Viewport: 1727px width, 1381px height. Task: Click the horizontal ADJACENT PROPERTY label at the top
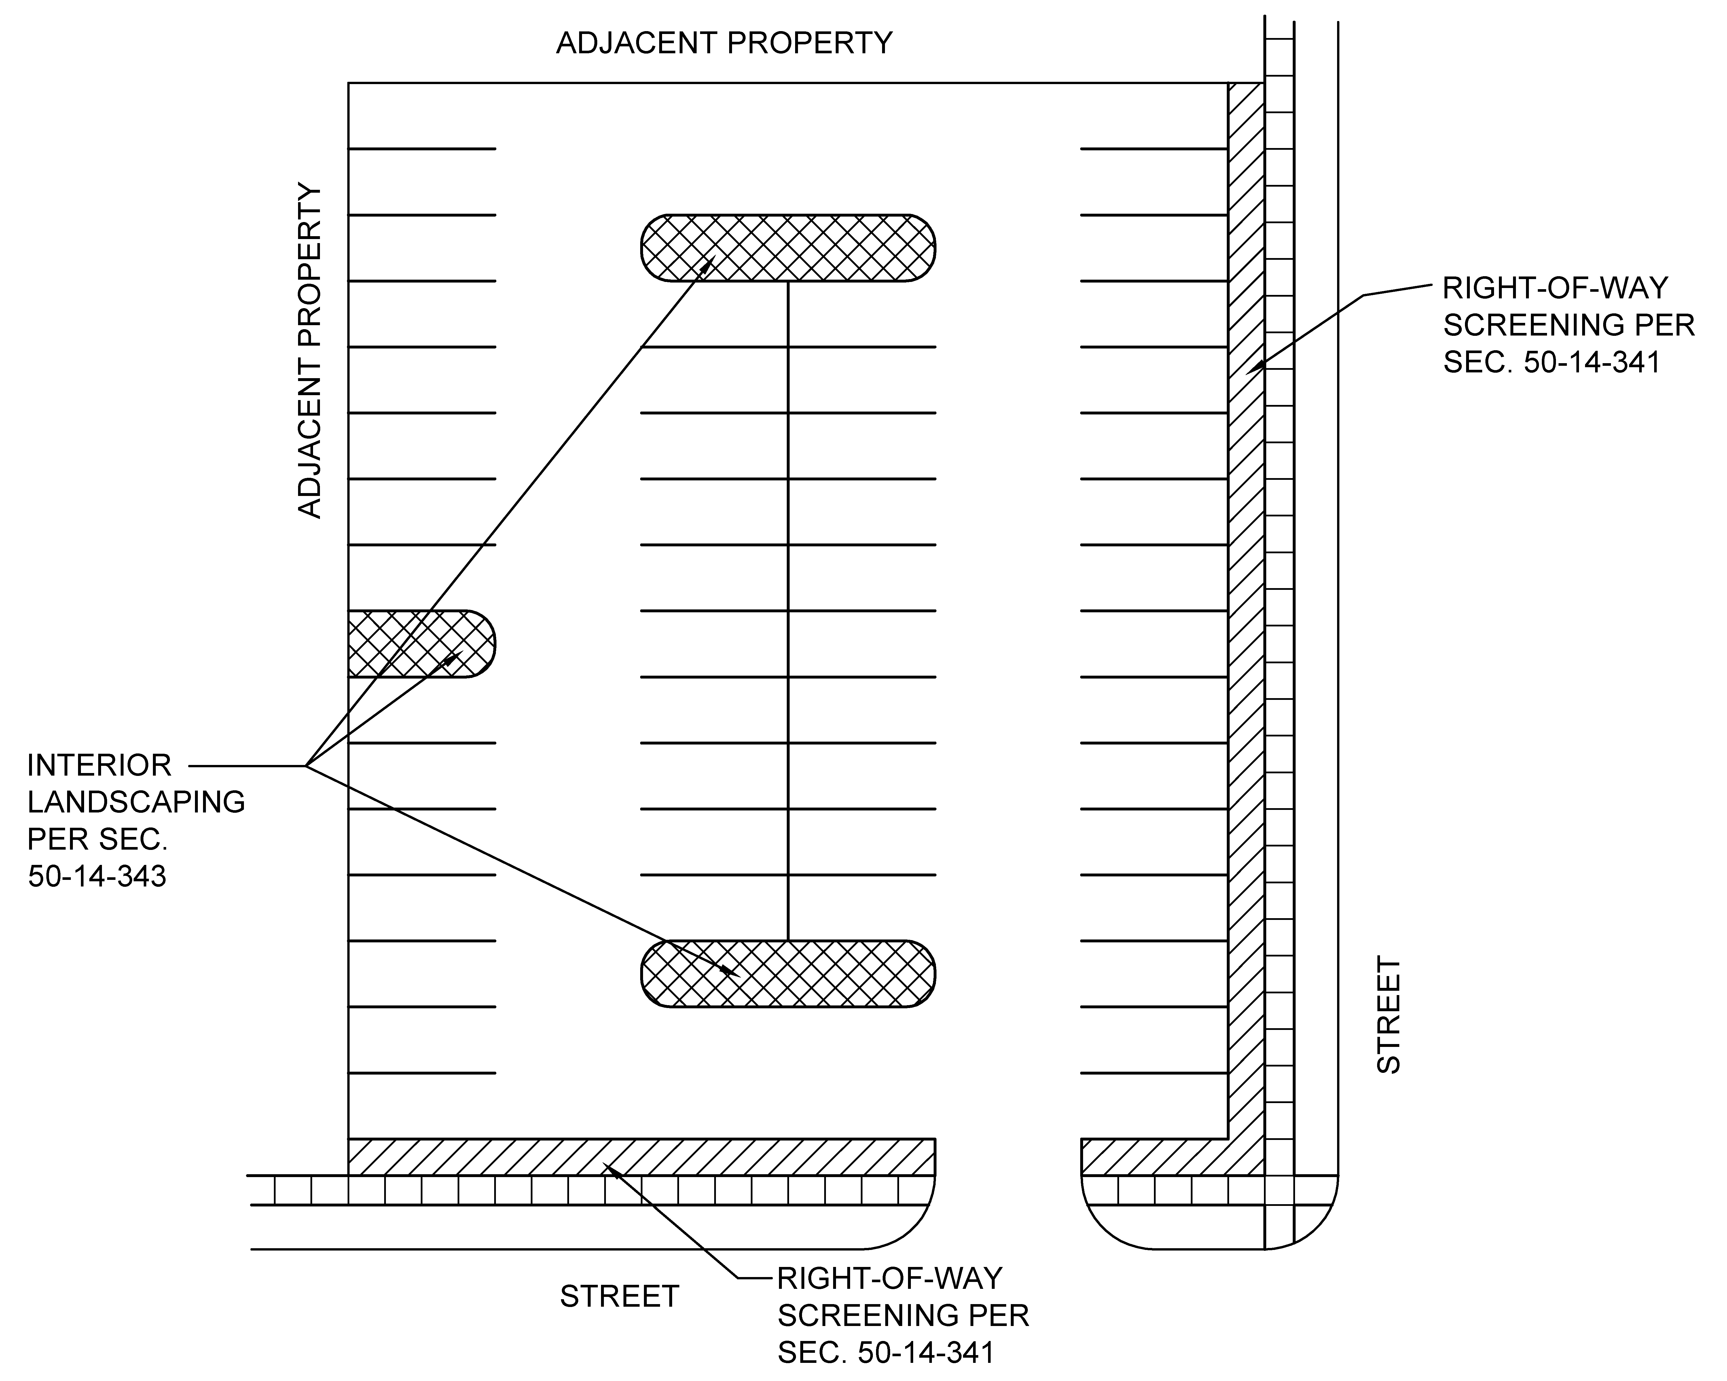tap(724, 42)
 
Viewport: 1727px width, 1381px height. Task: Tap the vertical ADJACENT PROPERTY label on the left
tap(309, 351)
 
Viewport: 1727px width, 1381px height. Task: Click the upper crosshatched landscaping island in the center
tap(788, 247)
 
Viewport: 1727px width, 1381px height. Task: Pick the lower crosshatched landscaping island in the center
tap(788, 973)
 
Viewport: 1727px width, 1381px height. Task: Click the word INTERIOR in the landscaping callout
tap(99, 765)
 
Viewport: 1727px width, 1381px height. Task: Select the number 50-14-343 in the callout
tap(97, 876)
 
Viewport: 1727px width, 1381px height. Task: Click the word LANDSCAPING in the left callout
tap(136, 802)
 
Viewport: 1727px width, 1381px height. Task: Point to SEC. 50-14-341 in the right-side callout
tap(1552, 362)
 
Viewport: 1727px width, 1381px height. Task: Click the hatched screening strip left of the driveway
tap(642, 1157)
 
